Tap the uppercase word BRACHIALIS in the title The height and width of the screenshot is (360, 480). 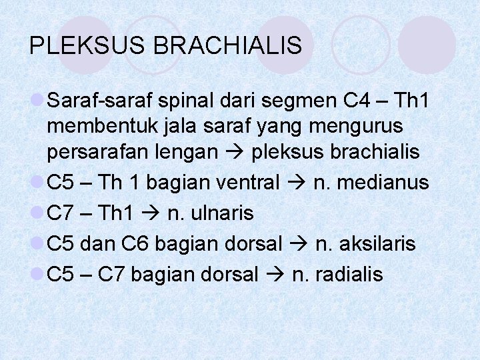[228, 45]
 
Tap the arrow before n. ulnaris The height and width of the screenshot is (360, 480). [151, 213]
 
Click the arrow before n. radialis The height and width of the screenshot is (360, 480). [275, 275]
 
